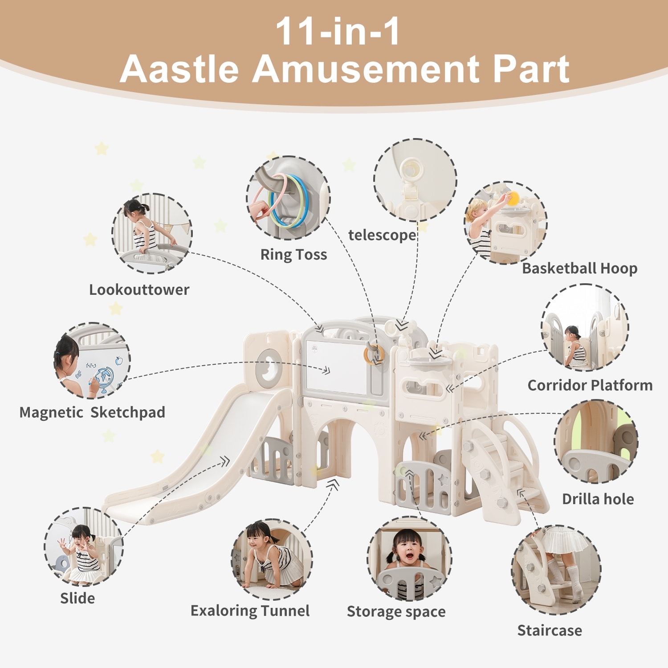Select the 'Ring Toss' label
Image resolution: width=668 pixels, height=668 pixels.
[293, 254]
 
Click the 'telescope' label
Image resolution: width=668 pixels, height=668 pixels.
[382, 235]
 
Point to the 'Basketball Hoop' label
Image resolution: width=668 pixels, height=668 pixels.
[579, 268]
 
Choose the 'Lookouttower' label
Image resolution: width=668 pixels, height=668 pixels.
[139, 289]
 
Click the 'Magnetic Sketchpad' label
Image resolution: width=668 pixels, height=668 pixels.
[92, 412]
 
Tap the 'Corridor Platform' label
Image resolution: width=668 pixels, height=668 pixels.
[590, 385]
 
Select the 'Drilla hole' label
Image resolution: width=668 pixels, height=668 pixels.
[598, 499]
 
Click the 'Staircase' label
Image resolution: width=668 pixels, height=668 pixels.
[550, 630]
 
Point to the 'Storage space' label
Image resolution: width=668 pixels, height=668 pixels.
[396, 612]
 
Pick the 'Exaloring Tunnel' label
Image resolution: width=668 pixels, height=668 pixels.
[250, 611]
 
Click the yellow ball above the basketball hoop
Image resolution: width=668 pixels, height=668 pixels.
[513, 199]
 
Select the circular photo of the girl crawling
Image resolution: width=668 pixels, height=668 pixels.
[272, 559]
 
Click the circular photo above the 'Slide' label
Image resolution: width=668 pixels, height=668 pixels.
[83, 546]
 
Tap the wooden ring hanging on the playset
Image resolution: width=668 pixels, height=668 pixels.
[374, 354]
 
